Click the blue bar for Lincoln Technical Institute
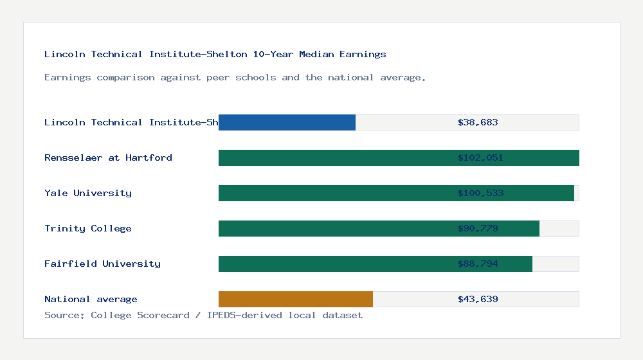click(287, 122)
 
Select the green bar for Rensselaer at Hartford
click(334, 157)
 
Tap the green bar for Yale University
click(334, 193)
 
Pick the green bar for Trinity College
click(334, 228)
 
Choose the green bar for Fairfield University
click(334, 264)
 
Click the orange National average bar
click(296, 299)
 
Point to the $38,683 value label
click(478, 122)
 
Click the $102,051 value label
click(480, 157)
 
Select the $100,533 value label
click(480, 193)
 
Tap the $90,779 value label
click(478, 228)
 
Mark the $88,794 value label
click(478, 264)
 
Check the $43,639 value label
click(478, 299)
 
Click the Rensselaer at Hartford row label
click(108, 157)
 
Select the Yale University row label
click(88, 193)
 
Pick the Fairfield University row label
click(102, 264)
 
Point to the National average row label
click(91, 299)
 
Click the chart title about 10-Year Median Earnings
click(215, 54)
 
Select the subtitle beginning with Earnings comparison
click(235, 77)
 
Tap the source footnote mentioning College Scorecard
click(203, 315)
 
